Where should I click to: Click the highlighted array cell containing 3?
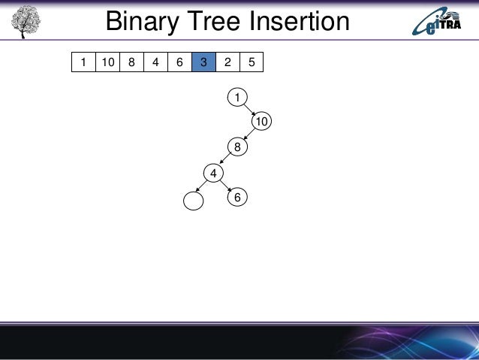tap(203, 62)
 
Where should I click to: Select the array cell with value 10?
tap(107, 62)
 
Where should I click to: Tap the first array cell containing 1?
tap(83, 62)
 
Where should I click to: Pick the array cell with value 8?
tap(131, 62)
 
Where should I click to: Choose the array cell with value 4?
tap(155, 62)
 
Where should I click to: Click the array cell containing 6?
tap(179, 62)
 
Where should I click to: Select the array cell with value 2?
tap(227, 62)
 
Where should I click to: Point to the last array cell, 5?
tap(252, 62)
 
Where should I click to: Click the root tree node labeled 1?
tap(237, 97)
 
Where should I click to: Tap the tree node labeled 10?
tap(261, 121)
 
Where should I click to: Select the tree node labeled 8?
tap(237, 147)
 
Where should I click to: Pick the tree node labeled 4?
tap(214, 174)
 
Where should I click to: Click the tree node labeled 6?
tap(237, 197)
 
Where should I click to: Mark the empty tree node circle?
tap(193, 200)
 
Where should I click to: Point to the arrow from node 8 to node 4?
tap(225, 160)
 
